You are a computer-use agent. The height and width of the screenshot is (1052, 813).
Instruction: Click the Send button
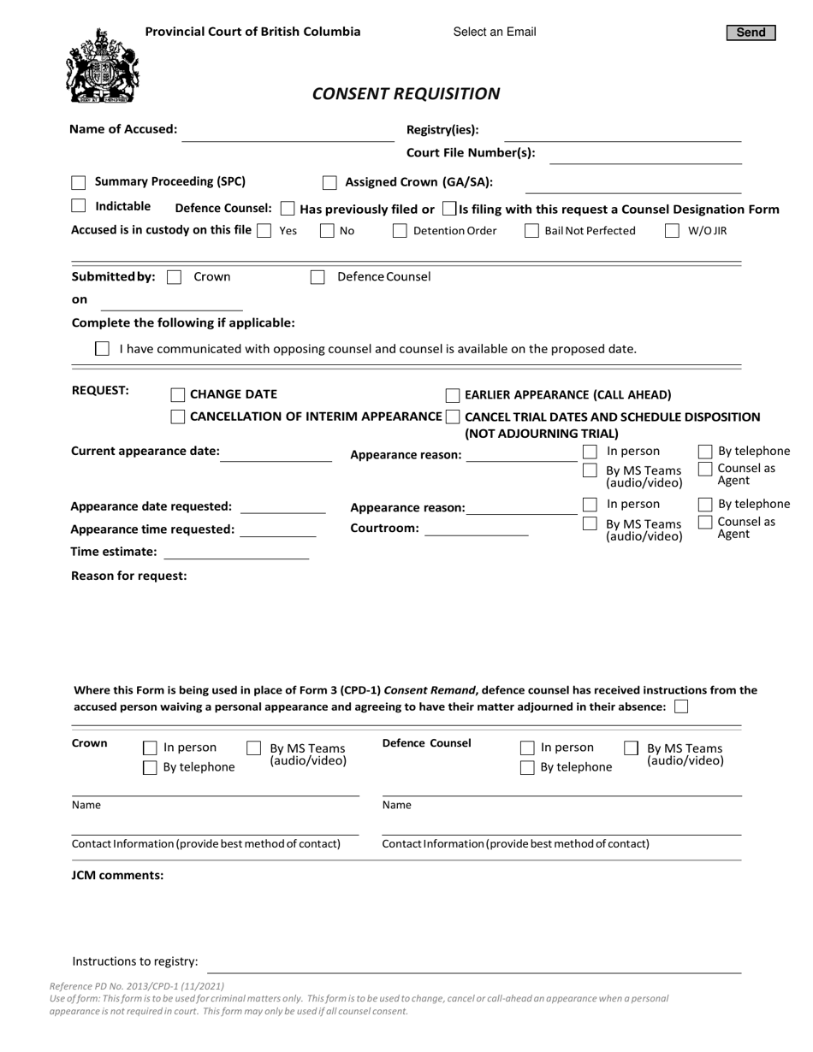[751, 33]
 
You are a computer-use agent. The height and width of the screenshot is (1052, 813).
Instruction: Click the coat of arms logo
[102, 66]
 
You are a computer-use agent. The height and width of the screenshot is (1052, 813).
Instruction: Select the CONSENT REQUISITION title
[406, 93]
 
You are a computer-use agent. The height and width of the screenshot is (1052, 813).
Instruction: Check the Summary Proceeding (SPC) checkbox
[79, 182]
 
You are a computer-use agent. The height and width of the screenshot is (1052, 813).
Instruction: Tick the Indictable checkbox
[79, 206]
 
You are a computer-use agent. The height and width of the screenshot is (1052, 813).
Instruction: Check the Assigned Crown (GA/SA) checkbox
[329, 182]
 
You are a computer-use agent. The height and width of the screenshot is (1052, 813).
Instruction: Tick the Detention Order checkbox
[400, 230]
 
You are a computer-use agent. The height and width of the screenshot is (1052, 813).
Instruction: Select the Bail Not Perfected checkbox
[531, 230]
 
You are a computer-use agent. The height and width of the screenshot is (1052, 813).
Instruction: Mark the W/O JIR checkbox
[672, 230]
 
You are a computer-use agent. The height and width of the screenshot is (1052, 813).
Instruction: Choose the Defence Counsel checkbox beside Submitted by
[317, 277]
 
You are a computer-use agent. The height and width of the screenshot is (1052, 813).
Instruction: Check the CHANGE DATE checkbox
[178, 394]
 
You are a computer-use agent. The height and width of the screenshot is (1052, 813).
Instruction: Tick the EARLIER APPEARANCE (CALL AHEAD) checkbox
[453, 394]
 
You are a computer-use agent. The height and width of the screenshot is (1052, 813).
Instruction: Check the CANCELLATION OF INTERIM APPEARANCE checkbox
[178, 417]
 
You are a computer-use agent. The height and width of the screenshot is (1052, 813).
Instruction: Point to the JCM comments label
[117, 875]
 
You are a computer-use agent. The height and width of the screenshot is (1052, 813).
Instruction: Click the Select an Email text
[495, 33]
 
